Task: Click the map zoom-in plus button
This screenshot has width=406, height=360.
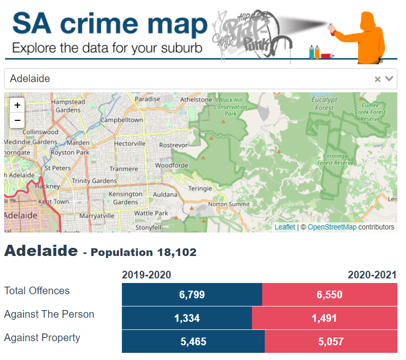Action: click(x=17, y=106)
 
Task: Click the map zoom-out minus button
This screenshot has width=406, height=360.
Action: click(x=17, y=120)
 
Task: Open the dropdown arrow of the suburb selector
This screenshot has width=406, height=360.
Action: click(x=390, y=79)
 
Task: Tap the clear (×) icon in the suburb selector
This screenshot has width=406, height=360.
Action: click(x=377, y=79)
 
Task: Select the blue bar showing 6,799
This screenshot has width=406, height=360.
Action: click(x=192, y=295)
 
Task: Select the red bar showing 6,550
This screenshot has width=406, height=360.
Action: click(x=329, y=295)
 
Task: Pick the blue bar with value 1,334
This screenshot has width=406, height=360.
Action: click(x=187, y=318)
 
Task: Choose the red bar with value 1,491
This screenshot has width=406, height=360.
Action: click(x=324, y=318)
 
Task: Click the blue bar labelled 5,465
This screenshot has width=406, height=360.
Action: click(x=193, y=342)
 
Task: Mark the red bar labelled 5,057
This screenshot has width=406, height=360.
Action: click(x=331, y=342)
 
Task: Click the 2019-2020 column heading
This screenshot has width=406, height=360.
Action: click(x=146, y=275)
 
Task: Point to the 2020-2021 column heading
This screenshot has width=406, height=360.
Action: click(x=372, y=275)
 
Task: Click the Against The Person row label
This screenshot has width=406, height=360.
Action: click(x=49, y=314)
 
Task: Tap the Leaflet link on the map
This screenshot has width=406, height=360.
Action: click(x=285, y=227)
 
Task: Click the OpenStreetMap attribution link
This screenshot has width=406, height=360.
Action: click(x=332, y=227)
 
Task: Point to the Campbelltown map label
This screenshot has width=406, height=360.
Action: click(x=121, y=120)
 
